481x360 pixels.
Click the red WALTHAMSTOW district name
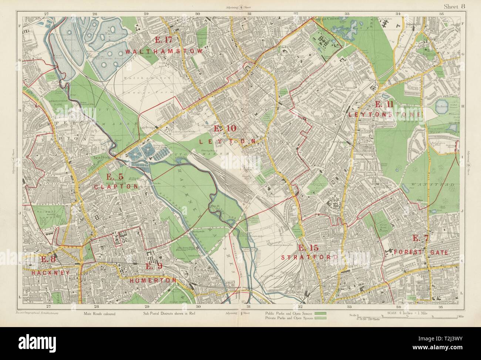tap(164, 51)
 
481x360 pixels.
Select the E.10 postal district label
tap(225, 129)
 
